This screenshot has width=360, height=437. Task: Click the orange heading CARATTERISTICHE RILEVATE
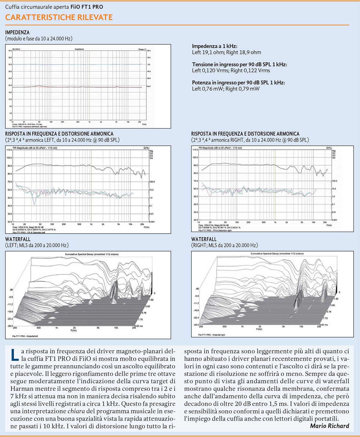pos(59,17)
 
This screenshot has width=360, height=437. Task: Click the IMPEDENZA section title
pos(17,32)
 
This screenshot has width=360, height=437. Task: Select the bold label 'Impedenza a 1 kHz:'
pos(214,46)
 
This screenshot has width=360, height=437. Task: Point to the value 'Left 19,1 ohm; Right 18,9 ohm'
pos(226,52)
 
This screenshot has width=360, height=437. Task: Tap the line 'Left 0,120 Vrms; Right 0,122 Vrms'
pos(231,71)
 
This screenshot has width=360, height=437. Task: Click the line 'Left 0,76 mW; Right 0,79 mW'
pos(226,89)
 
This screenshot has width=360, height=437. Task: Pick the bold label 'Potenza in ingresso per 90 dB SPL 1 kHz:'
pos(238,82)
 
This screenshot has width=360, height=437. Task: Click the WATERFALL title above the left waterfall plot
pos(18,239)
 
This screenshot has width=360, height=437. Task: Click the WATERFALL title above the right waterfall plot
pos(204,239)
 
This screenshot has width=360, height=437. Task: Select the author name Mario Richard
pos(329,426)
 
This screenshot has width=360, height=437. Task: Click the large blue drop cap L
pos(15,355)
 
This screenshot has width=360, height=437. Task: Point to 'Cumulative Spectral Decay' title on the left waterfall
pos(91,254)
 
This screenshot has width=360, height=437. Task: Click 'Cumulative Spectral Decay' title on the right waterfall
pos(277,254)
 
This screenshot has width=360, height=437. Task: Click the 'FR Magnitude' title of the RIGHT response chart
pos(220,148)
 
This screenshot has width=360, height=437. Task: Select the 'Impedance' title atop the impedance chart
pos(79,49)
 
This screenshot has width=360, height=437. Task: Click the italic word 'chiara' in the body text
pos(76,411)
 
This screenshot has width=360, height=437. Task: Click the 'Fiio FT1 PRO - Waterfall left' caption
pos(25,336)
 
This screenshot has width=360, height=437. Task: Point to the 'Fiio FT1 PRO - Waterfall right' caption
pos(211,335)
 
